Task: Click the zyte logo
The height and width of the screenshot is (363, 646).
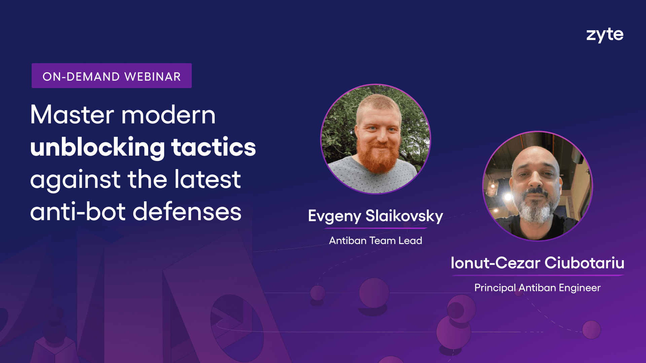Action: tap(605, 35)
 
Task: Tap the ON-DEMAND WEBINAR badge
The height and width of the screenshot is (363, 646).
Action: tap(112, 76)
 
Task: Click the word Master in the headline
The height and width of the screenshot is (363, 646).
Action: tap(72, 115)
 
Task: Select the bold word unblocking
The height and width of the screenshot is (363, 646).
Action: tap(98, 147)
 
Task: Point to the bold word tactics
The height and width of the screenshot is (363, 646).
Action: tap(214, 147)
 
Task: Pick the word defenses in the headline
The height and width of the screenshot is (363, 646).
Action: tap(187, 212)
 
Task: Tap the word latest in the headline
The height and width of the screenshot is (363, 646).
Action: tap(208, 179)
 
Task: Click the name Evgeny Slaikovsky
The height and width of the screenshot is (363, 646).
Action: tap(375, 216)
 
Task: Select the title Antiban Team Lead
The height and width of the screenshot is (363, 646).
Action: tap(375, 241)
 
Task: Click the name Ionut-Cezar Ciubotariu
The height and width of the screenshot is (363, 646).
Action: tap(537, 263)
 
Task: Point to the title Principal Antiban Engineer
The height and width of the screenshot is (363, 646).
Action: tap(537, 288)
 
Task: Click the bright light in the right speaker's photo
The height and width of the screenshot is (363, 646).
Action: tap(508, 197)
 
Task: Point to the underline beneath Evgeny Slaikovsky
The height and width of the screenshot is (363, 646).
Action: tap(375, 228)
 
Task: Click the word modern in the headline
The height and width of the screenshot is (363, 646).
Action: tap(168, 115)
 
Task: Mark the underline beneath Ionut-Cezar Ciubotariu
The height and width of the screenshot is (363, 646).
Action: tap(537, 275)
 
